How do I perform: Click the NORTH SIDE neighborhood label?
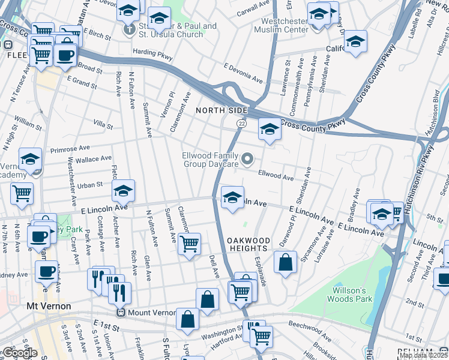click(221, 111)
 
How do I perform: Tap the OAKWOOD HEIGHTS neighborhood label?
click(247, 244)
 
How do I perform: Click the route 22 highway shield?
click(241, 123)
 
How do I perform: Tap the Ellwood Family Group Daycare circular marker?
click(248, 160)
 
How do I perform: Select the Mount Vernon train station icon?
click(121, 313)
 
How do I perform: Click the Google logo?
click(19, 353)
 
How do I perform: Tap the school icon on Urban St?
click(123, 190)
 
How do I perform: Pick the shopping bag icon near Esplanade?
click(286, 262)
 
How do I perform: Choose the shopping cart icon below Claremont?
click(189, 244)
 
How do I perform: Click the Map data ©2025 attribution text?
click(423, 355)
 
